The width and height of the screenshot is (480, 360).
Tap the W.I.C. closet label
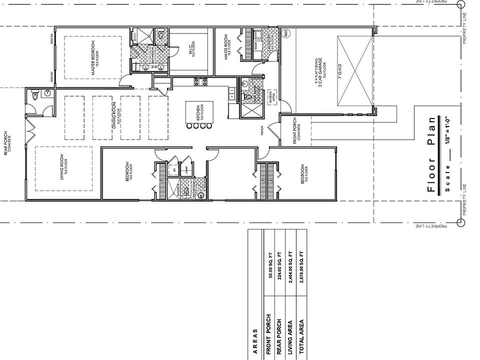[x=191, y=48]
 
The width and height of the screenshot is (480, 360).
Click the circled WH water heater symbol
[x=286, y=33]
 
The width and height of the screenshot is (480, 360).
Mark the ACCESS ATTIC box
[x=271, y=97]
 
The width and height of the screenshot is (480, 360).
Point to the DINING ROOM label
[x=114, y=115]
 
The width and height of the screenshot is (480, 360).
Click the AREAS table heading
[x=254, y=341]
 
